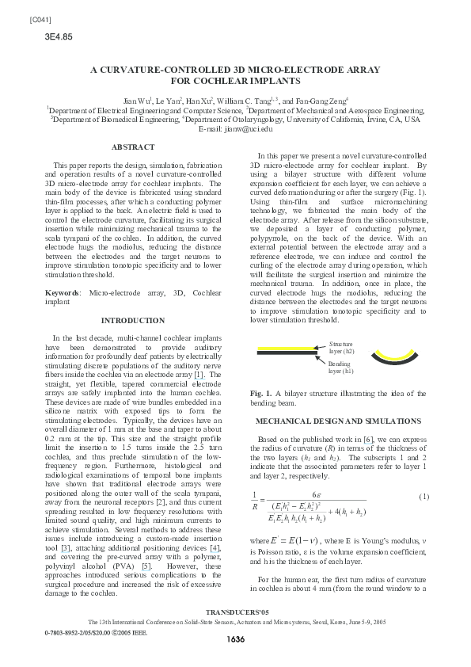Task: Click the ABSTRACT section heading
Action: pos(133,147)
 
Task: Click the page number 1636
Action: pos(236,659)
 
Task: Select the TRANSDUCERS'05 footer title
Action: pos(236,634)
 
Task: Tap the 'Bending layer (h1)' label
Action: pos(341,366)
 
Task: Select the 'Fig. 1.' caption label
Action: pos(261,393)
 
